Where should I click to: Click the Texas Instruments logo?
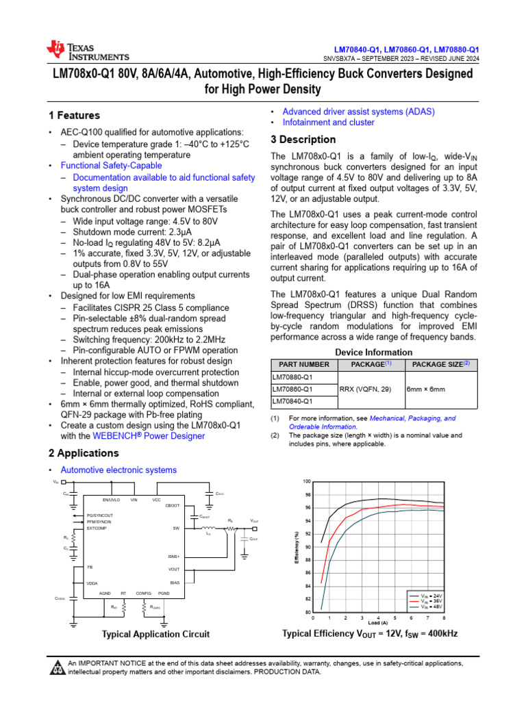(x=87, y=50)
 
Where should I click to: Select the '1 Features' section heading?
(x=74, y=115)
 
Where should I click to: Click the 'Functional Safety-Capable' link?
(x=111, y=166)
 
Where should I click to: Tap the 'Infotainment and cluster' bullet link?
(x=328, y=123)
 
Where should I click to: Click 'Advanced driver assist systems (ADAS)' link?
(x=358, y=112)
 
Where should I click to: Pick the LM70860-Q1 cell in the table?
(x=292, y=389)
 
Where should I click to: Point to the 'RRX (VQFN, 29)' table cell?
(x=365, y=389)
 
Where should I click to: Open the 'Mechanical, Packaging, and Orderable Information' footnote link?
(x=412, y=422)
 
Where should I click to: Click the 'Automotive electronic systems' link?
(x=118, y=470)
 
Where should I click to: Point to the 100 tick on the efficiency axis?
(x=307, y=482)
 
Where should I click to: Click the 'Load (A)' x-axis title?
(x=379, y=623)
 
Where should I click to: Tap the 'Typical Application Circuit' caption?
(x=155, y=634)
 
